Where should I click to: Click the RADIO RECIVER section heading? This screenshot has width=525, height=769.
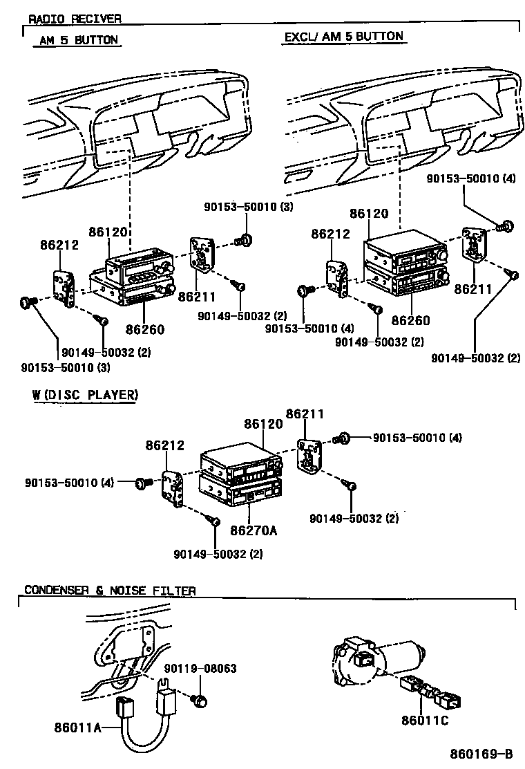pyautogui.click(x=75, y=18)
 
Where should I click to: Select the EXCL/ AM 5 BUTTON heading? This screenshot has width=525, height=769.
pyautogui.click(x=343, y=36)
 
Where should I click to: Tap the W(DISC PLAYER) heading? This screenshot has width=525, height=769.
pyautogui.click(x=84, y=395)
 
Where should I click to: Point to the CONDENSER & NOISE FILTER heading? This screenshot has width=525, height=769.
pyautogui.click(x=110, y=591)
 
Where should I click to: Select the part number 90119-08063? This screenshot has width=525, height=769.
pyautogui.click(x=200, y=669)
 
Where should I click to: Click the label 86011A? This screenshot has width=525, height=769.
pyautogui.click(x=78, y=727)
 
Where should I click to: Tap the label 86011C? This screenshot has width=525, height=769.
pyautogui.click(x=425, y=721)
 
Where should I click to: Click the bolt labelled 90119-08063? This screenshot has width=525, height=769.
pyautogui.click(x=200, y=701)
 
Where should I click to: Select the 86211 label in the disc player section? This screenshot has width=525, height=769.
pyautogui.click(x=305, y=414)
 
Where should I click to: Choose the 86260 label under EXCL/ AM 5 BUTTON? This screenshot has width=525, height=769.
pyautogui.click(x=410, y=320)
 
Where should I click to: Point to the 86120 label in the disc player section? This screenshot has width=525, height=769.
pyautogui.click(x=262, y=424)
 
